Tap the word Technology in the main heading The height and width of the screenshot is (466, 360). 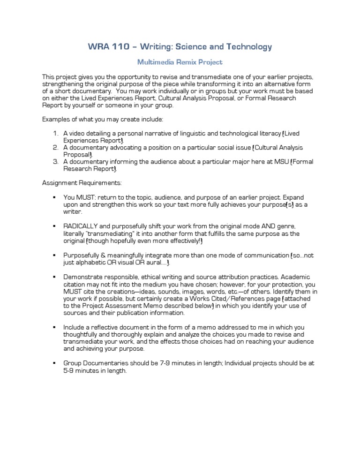pyautogui.click(x=247, y=46)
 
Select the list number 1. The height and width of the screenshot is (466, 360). pyautogui.click(x=55, y=134)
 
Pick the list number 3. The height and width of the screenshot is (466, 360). pyautogui.click(x=55, y=162)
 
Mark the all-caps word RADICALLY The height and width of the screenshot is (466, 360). pyautogui.click(x=81, y=226)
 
